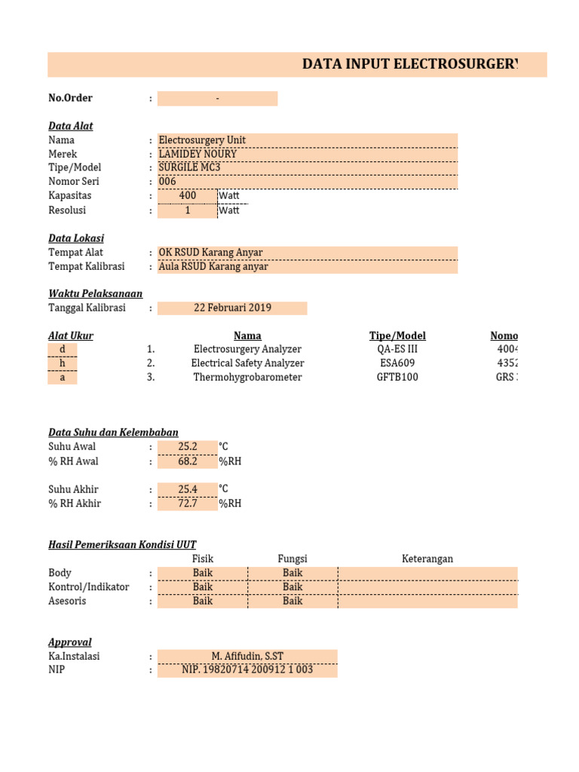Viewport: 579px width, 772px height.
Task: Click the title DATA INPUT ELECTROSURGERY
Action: tap(410, 65)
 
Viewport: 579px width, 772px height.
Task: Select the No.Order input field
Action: tap(217, 99)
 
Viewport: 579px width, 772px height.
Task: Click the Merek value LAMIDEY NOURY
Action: tap(198, 154)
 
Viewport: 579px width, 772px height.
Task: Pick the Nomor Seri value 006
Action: tap(167, 182)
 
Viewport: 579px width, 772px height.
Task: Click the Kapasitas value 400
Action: tap(187, 196)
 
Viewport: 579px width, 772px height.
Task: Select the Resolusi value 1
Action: tap(187, 210)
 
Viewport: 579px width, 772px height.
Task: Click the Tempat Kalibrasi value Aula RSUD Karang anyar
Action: tap(213, 266)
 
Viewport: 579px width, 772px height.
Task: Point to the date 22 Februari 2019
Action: tap(232, 308)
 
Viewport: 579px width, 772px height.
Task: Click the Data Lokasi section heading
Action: tap(76, 238)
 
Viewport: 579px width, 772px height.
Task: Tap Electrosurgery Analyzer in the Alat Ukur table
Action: tap(247, 349)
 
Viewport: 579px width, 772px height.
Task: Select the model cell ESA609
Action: tap(397, 363)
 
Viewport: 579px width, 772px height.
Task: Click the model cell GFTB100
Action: tap(397, 377)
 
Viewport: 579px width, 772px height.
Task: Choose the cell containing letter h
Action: tap(63, 363)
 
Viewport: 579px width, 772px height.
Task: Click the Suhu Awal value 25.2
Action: tap(187, 447)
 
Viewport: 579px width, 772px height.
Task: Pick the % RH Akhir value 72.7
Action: tap(187, 504)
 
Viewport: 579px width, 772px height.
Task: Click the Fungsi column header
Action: tap(293, 559)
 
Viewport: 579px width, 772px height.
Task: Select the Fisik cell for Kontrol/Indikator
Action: tap(202, 587)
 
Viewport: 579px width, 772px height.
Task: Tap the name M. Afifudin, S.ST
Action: tap(247, 656)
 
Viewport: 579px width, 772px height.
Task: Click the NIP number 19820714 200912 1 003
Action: tap(247, 669)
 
